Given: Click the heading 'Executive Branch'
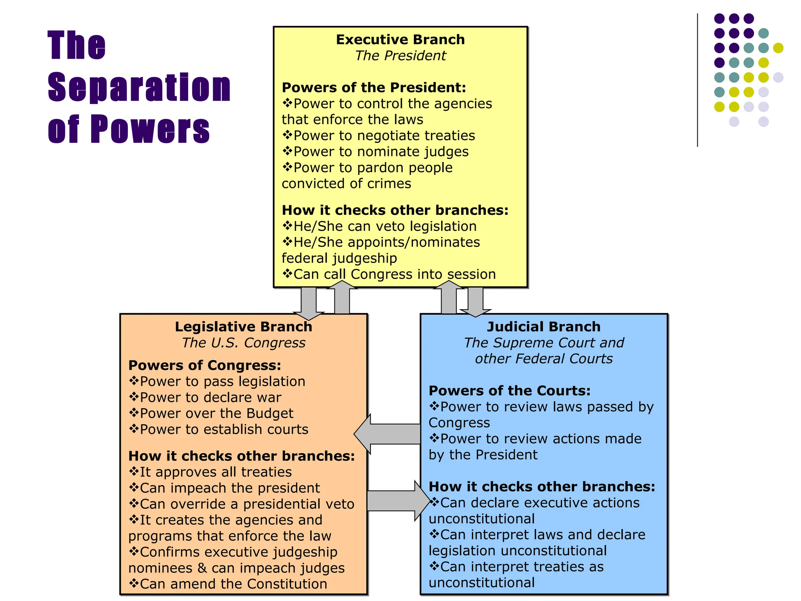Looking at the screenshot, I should [x=400, y=40].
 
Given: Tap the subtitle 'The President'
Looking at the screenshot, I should [x=400, y=56].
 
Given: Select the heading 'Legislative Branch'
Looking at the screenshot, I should [x=243, y=326].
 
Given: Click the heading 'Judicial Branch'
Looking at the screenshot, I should [x=544, y=326].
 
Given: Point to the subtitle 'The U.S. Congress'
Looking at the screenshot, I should [x=243, y=343].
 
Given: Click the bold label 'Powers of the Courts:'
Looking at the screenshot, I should [x=509, y=390].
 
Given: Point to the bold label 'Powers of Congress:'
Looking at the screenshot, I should [x=205, y=365].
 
